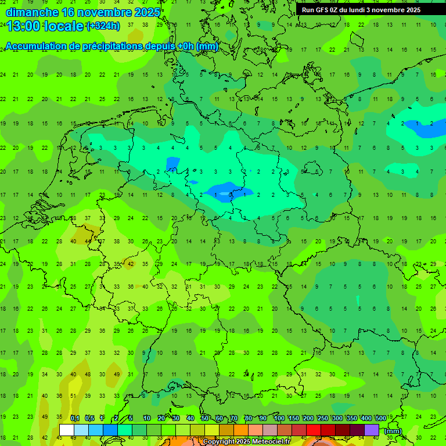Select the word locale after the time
click(x=64, y=26)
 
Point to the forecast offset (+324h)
click(x=103, y=26)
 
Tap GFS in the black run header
click(x=322, y=10)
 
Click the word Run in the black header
click(x=308, y=10)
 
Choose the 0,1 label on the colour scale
click(x=74, y=418)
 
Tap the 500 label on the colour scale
click(x=381, y=418)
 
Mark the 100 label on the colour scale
click(x=279, y=418)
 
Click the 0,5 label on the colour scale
click(x=89, y=418)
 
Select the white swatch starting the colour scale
click(x=67, y=430)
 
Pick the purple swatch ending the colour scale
click(x=372, y=430)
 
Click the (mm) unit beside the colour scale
click(x=393, y=431)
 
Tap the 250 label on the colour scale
click(x=323, y=418)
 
